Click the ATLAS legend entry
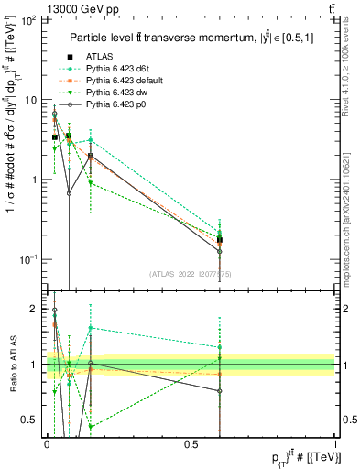pos(101,58)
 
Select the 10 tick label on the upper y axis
pos(29,100)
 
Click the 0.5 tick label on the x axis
pos(191,443)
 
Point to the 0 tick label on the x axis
pos(46,443)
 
